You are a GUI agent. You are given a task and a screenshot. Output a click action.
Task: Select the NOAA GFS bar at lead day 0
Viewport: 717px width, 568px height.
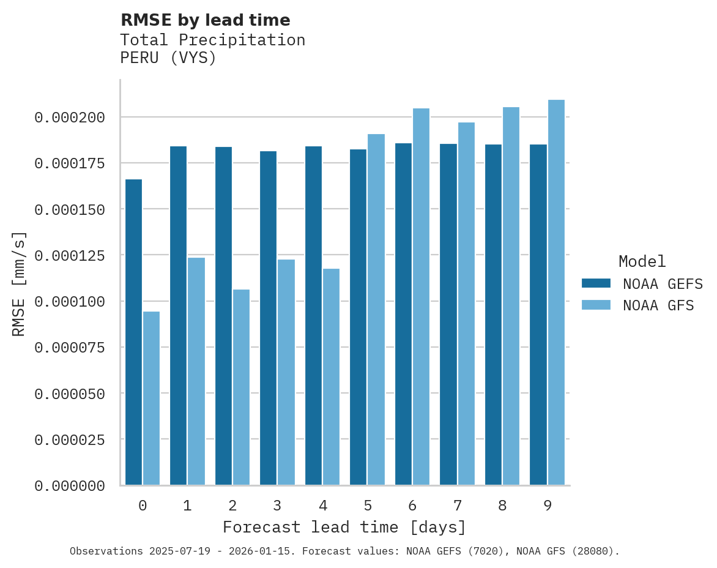(x=151, y=398)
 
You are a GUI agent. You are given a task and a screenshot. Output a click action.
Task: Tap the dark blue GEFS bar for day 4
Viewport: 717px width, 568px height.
(x=313, y=315)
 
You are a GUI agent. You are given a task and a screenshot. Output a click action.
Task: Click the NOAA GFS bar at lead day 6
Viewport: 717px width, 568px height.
(x=421, y=296)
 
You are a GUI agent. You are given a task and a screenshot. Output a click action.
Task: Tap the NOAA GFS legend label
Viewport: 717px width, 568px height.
(x=658, y=305)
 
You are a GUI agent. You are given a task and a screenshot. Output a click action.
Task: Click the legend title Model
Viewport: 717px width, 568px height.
(x=642, y=262)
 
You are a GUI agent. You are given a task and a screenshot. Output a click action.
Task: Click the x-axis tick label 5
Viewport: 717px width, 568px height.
(x=368, y=506)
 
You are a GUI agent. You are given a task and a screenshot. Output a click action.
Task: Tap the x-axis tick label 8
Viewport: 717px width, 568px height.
(x=502, y=506)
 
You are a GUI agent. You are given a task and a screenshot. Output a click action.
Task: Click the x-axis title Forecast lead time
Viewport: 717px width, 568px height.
(x=344, y=528)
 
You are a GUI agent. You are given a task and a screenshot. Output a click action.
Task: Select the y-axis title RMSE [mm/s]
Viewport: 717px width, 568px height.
(x=19, y=283)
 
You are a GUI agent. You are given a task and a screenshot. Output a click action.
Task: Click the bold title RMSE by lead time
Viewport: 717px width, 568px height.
(x=205, y=20)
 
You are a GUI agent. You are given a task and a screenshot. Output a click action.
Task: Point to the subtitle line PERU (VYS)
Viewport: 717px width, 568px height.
(x=168, y=59)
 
